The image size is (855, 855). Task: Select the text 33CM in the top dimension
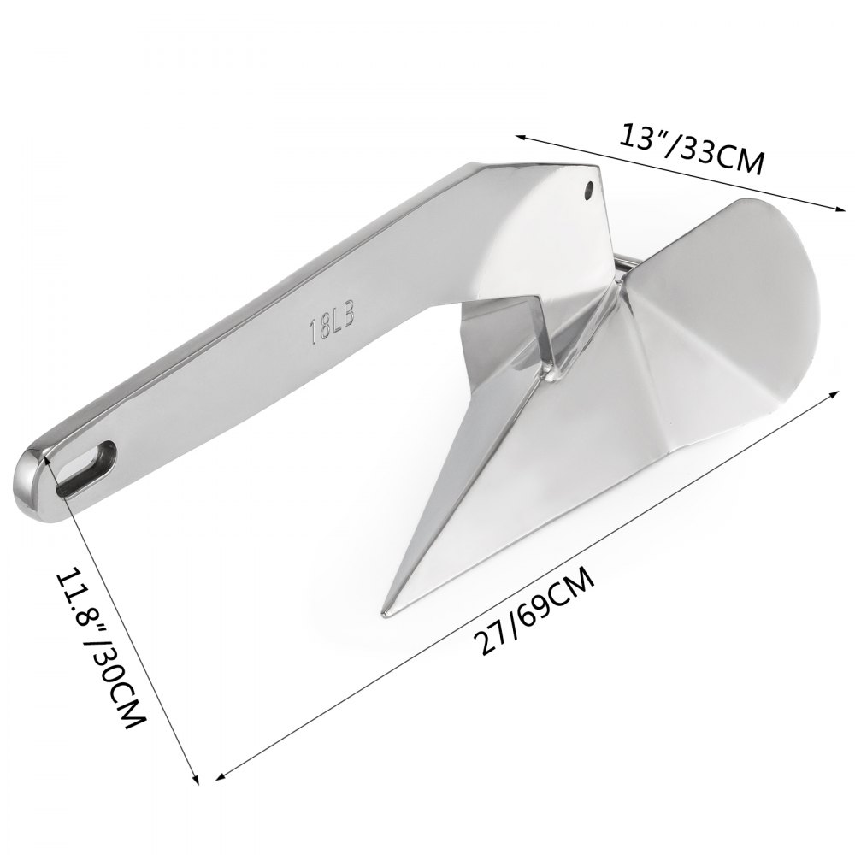(x=722, y=157)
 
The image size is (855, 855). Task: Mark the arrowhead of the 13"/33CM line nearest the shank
(x=517, y=135)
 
